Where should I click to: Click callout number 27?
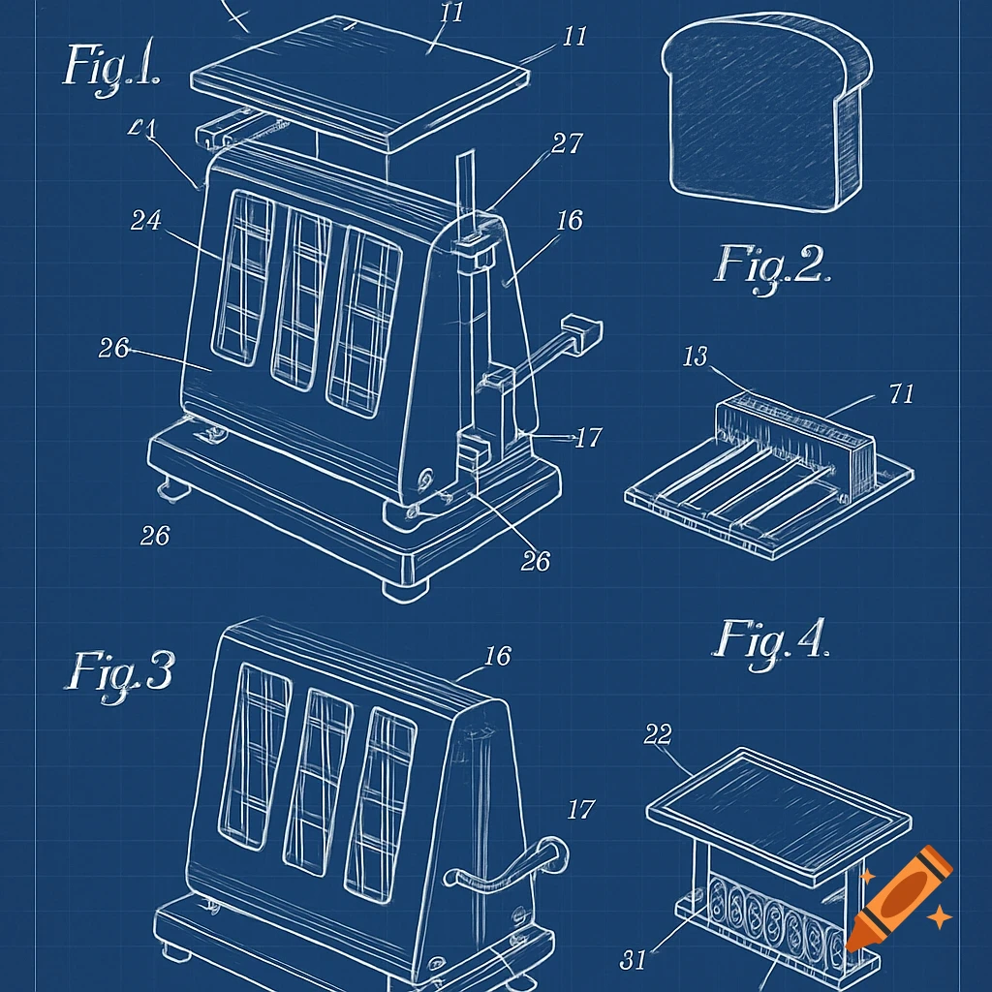pyautogui.click(x=567, y=144)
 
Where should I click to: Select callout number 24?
pyautogui.click(x=146, y=221)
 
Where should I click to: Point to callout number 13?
pyautogui.click(x=696, y=357)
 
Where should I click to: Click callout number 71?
pyautogui.click(x=901, y=393)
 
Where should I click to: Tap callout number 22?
pyautogui.click(x=658, y=735)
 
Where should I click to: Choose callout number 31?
pyautogui.click(x=633, y=960)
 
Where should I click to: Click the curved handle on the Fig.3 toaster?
pyautogui.click(x=504, y=867)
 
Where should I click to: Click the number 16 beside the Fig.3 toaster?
pyautogui.click(x=497, y=657)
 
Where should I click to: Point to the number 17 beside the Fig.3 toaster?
pyautogui.click(x=580, y=809)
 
